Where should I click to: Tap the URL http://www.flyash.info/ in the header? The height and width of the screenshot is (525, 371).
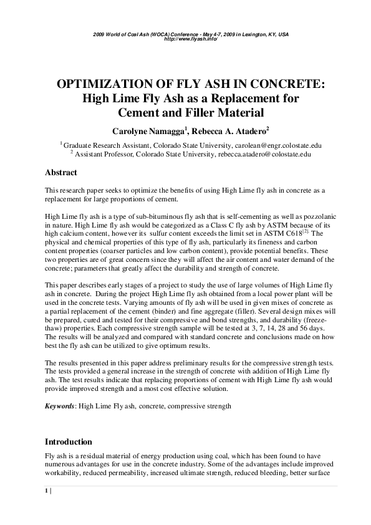(x=186, y=39)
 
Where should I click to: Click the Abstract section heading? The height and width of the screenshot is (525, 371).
(x=62, y=173)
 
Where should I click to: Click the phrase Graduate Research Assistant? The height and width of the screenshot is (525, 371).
(x=102, y=144)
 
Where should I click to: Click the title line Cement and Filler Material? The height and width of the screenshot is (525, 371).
(x=186, y=113)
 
